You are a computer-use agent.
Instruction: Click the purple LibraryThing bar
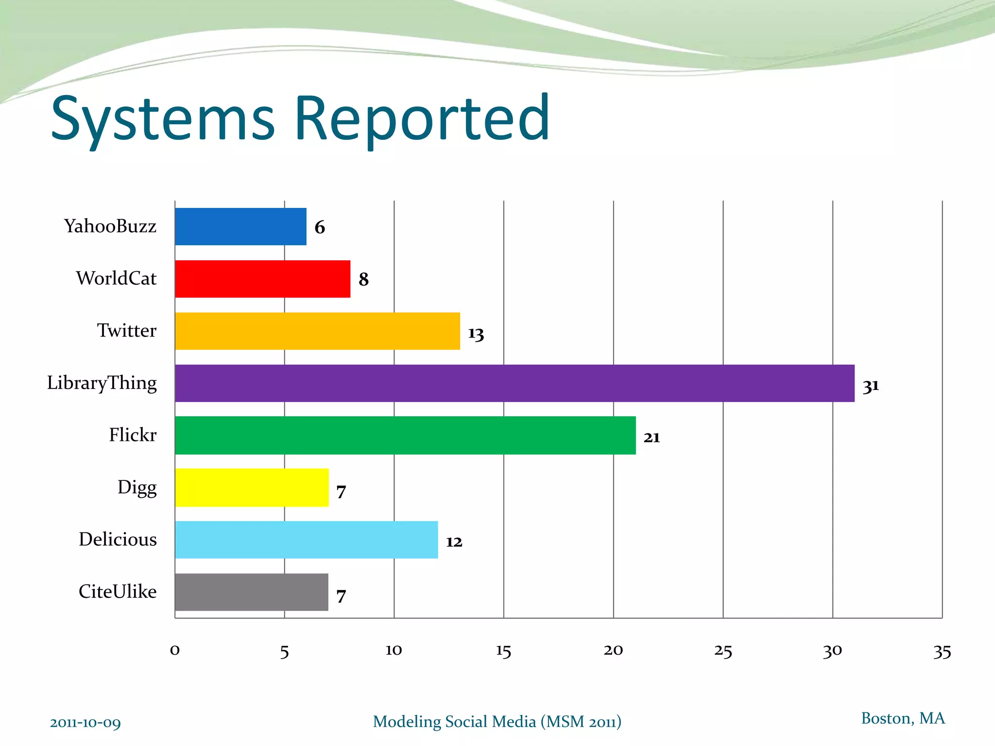(514, 383)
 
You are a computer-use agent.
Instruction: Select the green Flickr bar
(405, 435)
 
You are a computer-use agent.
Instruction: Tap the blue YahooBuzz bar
(240, 226)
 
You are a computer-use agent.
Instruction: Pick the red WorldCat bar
(262, 279)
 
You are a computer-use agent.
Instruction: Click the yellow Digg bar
(252, 487)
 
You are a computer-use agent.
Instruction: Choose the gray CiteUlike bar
(251, 592)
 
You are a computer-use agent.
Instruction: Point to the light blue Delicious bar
(306, 540)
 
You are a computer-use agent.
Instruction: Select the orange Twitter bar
(317, 331)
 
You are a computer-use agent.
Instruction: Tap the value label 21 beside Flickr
(652, 438)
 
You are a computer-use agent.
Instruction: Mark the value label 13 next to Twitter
(476, 334)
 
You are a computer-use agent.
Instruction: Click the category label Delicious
(118, 539)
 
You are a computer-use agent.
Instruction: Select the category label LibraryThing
(102, 383)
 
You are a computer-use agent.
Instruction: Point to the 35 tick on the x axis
(942, 651)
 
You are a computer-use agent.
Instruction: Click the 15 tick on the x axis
(503, 651)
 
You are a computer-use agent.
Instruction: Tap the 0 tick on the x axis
(175, 650)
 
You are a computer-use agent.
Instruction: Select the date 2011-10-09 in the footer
(86, 723)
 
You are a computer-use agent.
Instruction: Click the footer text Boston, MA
(903, 718)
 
